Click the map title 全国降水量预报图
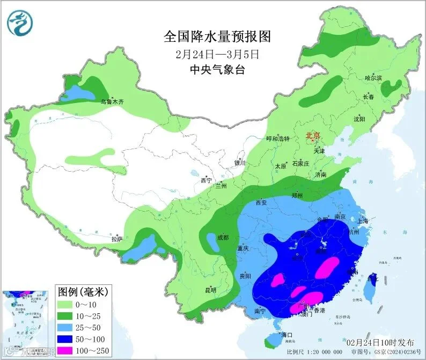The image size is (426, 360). pyautogui.click(x=217, y=36)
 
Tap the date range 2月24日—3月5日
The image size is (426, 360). pyautogui.click(x=217, y=54)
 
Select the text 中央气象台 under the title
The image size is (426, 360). pyautogui.click(x=217, y=69)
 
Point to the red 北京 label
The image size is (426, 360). pyautogui.click(x=313, y=136)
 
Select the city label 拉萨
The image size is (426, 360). pyautogui.click(x=117, y=239)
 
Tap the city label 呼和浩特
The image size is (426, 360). pyautogui.click(x=278, y=138)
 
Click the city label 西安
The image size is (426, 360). pyautogui.click(x=261, y=203)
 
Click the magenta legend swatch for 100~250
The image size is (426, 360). pyautogui.click(x=69, y=351)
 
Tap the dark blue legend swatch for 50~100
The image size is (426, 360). pyautogui.click(x=69, y=340)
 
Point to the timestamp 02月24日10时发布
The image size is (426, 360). pyautogui.click(x=380, y=342)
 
